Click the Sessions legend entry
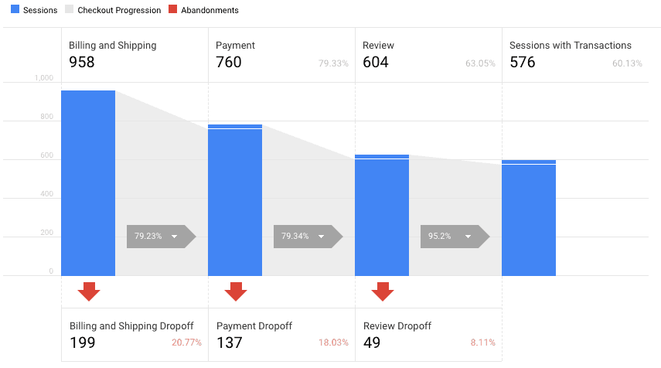pyautogui.click(x=34, y=10)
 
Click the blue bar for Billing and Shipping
pyautogui.click(x=88, y=183)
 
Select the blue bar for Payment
pyautogui.click(x=235, y=200)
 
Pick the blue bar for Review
pyautogui.click(x=382, y=216)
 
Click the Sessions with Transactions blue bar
pyautogui.click(x=529, y=218)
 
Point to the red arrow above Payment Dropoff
pyautogui.click(x=236, y=291)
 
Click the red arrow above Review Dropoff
pyautogui.click(x=383, y=291)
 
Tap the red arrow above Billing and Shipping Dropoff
pyautogui.click(x=89, y=291)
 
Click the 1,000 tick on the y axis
pyautogui.click(x=44, y=78)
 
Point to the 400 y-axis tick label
pyautogui.click(x=47, y=194)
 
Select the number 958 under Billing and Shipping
pyautogui.click(x=82, y=63)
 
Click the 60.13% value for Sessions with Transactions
pyautogui.click(x=627, y=63)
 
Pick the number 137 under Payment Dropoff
pyautogui.click(x=230, y=342)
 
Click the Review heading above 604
pyautogui.click(x=378, y=46)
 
